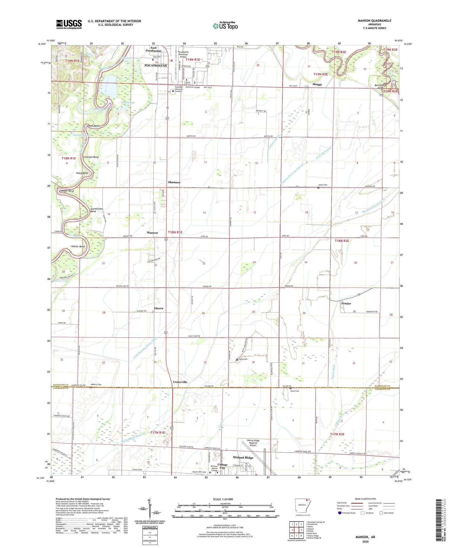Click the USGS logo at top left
[69, 24]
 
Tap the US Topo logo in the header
[225, 26]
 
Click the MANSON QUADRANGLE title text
[374, 21]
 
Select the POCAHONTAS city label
[156, 65]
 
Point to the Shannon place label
[174, 182]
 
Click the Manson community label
[152, 232]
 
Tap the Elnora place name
[159, 308]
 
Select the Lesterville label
[180, 382]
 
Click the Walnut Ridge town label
[243, 457]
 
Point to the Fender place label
[346, 303]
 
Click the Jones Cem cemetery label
[323, 185]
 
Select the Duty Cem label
[243, 359]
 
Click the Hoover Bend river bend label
[78, 246]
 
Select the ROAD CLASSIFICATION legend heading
[365, 499]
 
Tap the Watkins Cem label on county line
[96, 384]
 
